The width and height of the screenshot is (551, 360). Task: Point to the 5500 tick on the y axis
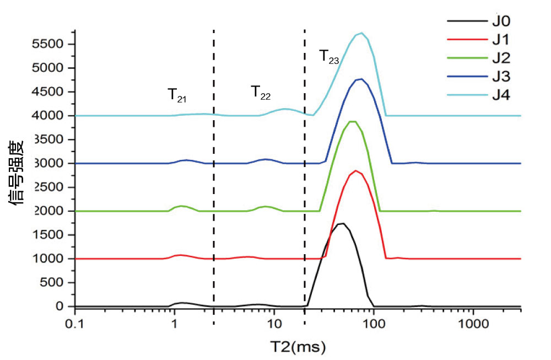pos(48,44)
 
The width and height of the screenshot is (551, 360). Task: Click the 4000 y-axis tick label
pos(48,116)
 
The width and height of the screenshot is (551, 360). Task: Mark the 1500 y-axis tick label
pos(48,235)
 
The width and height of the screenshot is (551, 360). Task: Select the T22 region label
pos(261,92)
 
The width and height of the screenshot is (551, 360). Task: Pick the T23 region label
pos(329,57)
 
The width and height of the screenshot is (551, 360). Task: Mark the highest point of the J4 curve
pos(361,33)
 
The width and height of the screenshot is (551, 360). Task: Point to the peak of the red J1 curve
pos(356,171)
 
